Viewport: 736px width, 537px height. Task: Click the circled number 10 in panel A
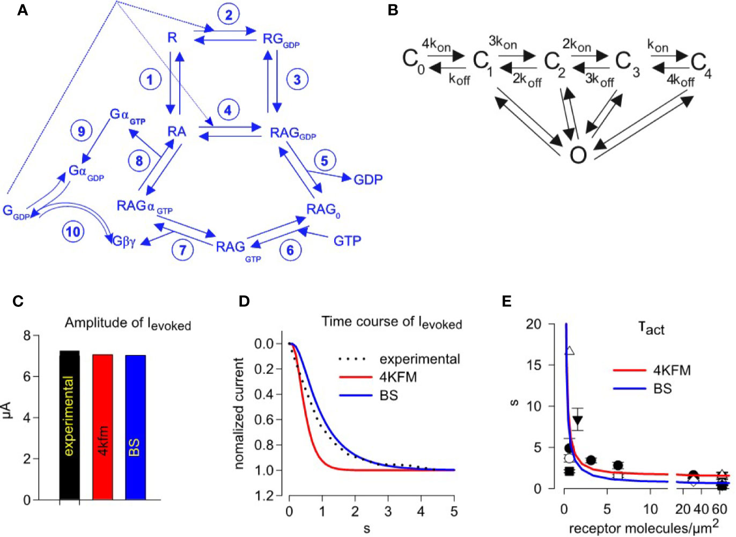[x=73, y=231]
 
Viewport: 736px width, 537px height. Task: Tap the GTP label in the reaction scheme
[x=347, y=241]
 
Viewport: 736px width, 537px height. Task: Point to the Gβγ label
[x=124, y=242]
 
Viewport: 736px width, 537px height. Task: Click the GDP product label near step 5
[x=368, y=180]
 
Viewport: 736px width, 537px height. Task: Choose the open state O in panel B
[x=578, y=156]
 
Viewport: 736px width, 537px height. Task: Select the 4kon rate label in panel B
[x=436, y=45]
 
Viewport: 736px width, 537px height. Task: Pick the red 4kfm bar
[x=102, y=427]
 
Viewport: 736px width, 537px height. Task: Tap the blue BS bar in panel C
[x=135, y=428]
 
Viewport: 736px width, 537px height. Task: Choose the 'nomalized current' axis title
[x=239, y=413]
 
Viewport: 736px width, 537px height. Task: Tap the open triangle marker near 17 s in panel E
[x=570, y=351]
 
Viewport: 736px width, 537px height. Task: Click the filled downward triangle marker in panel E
[x=577, y=422]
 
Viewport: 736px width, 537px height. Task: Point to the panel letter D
[x=244, y=301]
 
